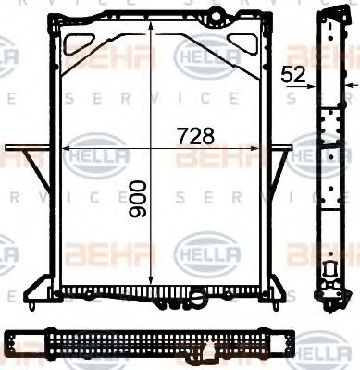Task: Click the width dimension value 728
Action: (x=195, y=135)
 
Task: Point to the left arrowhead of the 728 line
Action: (x=64, y=147)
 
